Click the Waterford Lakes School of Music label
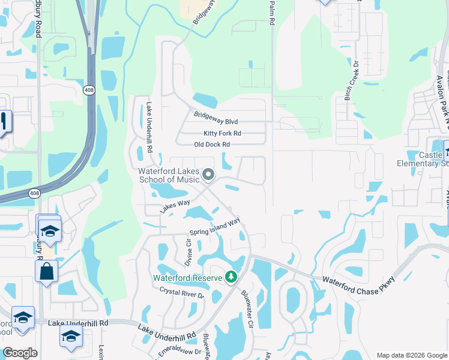pos(169,175)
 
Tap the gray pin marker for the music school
pos(209,175)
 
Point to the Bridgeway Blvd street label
pos(216,118)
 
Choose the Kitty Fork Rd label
pos(222,133)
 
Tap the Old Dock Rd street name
pos(212,145)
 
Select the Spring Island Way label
pos(215,227)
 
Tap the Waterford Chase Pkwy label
pos(359,287)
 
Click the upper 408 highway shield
pos(88,89)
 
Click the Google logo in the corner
pos(20,353)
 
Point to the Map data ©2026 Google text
pos(411,355)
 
